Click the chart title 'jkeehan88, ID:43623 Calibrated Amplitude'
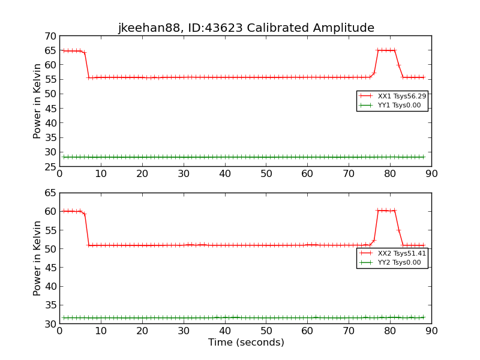[x=246, y=28]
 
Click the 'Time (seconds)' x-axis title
[x=246, y=343]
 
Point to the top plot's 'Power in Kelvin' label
[x=38, y=101]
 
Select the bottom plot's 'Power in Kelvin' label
[x=38, y=258]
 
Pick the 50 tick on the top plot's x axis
[x=266, y=174]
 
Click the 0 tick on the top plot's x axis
[x=59, y=174]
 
